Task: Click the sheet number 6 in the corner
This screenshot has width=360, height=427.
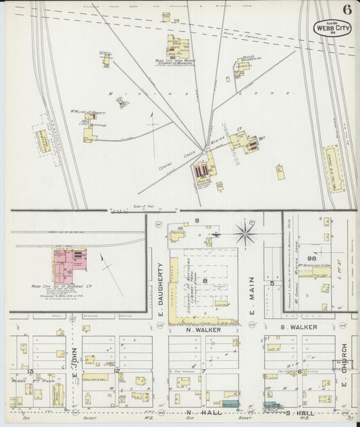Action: (x=346, y=9)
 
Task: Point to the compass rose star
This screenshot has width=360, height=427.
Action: (x=245, y=235)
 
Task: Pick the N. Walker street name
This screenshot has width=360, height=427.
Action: (x=201, y=330)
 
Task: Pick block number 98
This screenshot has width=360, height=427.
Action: (x=313, y=257)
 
